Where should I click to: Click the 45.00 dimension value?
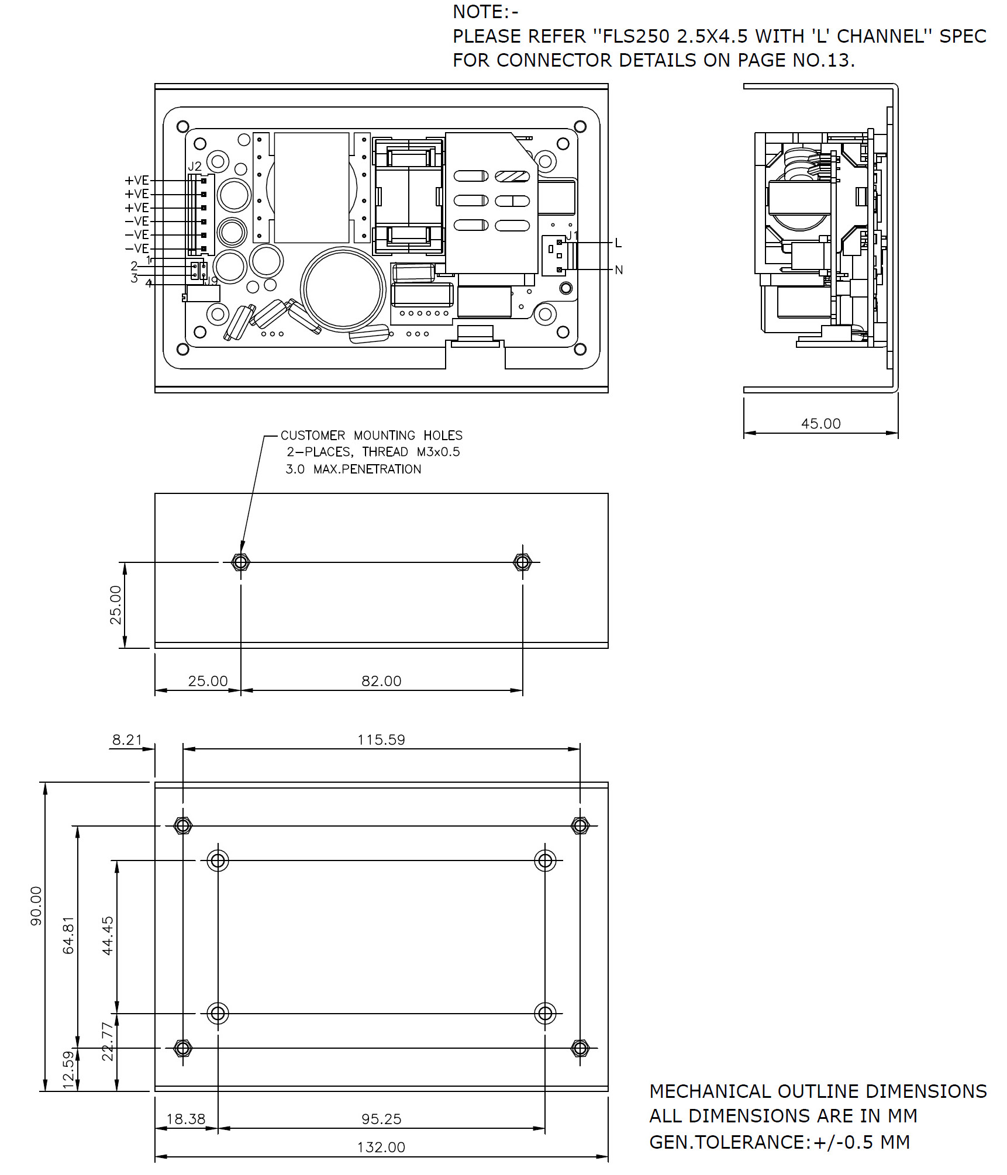[x=820, y=424]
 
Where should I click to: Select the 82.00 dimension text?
[x=381, y=681]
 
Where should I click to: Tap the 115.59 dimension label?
[x=381, y=739]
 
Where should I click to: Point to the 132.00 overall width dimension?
[x=381, y=1147]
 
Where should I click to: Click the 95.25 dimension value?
[x=381, y=1119]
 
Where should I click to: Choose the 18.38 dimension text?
[x=186, y=1119]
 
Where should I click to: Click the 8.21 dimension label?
[x=127, y=739]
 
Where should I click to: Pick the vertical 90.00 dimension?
[x=36, y=906]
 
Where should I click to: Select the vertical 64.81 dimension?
[x=69, y=935]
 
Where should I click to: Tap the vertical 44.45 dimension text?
[x=108, y=935]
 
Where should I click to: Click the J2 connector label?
[x=195, y=167]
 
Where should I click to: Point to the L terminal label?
[x=618, y=243]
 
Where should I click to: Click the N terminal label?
[x=619, y=270]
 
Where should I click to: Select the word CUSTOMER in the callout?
[x=313, y=436]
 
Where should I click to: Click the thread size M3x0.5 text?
[x=438, y=452]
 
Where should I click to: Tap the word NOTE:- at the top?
[x=485, y=12]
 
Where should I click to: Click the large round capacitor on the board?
[x=343, y=289]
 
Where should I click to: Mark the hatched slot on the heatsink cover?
[x=512, y=177]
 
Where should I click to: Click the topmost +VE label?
[x=137, y=181]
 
